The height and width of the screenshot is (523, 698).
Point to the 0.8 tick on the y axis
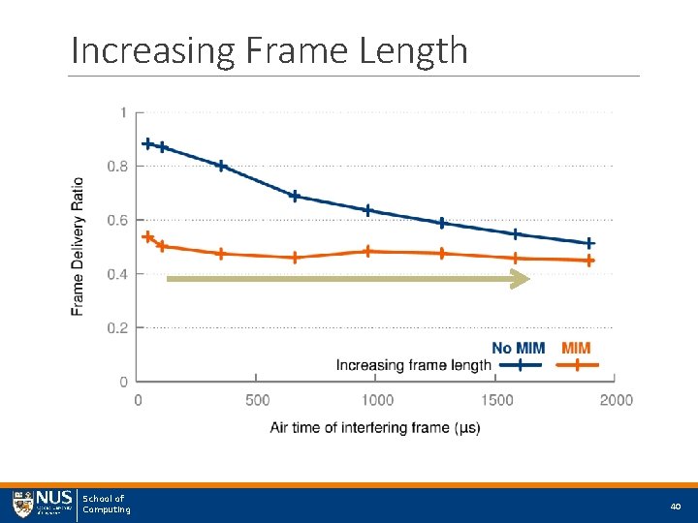point(116,167)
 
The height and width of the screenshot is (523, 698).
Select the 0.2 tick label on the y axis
point(116,328)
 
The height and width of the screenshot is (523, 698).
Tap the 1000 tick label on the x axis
point(376,400)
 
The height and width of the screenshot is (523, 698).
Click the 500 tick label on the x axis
point(257,400)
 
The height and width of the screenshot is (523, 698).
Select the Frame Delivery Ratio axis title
point(79,246)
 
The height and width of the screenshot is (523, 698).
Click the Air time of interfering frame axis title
point(374,427)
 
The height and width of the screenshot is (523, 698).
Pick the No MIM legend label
point(518,348)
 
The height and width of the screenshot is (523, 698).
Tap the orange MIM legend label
point(576,348)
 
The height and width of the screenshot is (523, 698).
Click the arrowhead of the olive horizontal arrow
point(522,279)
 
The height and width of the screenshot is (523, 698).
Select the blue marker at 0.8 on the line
point(221,166)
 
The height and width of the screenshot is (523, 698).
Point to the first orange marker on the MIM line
point(147,236)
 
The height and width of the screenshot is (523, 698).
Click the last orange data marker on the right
point(588,261)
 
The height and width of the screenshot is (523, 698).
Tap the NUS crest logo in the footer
point(22,504)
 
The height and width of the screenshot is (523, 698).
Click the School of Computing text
point(105,504)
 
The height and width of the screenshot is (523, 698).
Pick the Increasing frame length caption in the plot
point(414,365)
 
